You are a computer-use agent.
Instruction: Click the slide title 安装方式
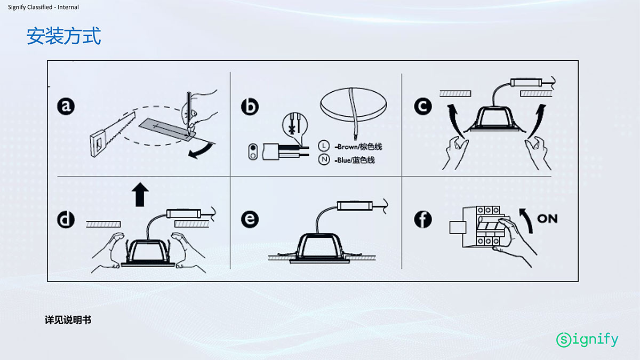pos(63,36)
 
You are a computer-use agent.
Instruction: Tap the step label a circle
pos(66,106)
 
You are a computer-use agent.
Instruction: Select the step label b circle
pos(250,107)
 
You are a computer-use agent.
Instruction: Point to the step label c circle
pos(423,106)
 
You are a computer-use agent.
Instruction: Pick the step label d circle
pos(66,220)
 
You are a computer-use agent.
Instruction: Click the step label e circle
pos(250,219)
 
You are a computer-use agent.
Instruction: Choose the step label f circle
pos(423,219)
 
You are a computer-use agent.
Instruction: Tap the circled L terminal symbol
pos(324,146)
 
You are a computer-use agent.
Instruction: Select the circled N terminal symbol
pos(324,159)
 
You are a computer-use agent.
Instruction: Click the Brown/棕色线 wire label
pos(358,147)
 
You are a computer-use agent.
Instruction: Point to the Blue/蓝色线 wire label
pos(355,160)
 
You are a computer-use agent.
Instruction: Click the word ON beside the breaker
pos(547,219)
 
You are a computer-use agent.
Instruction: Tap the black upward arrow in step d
pos(140,194)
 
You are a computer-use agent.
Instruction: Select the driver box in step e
pos(355,205)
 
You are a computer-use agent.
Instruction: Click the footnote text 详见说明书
pos(68,320)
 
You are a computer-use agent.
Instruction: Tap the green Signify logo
pos(587,340)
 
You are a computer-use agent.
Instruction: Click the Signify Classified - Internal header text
pos(43,7)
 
